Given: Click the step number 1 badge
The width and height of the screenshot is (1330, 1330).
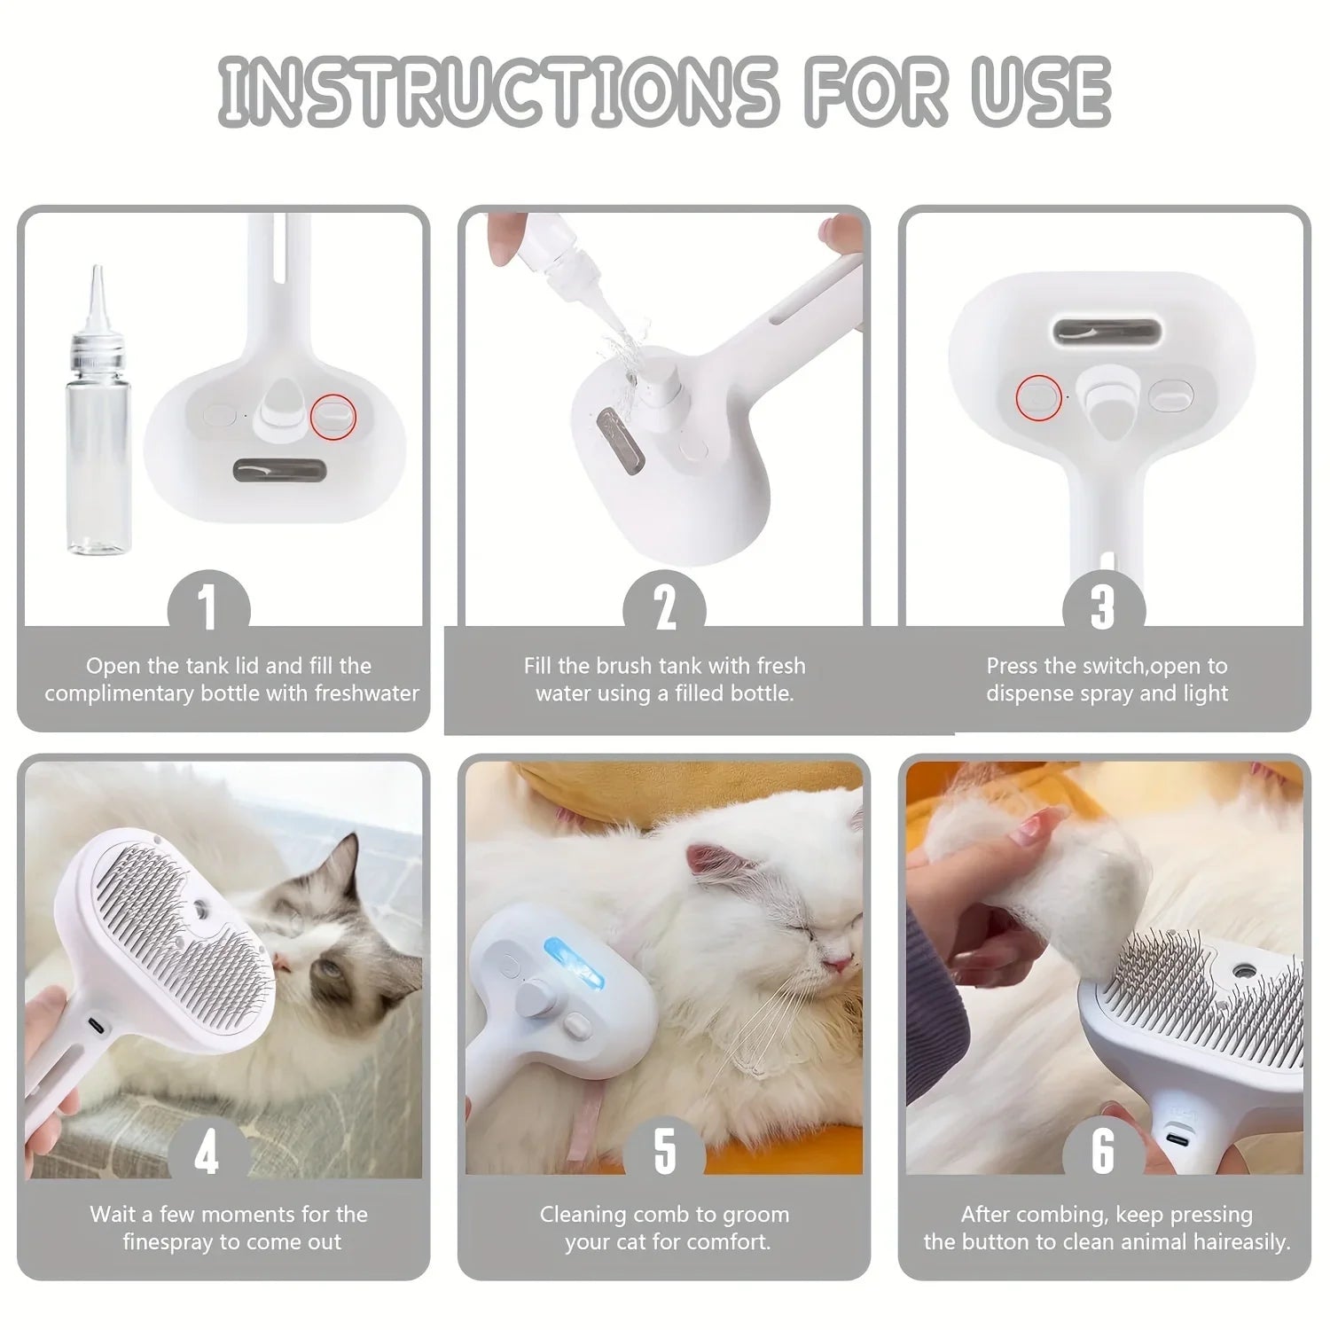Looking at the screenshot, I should [208, 608].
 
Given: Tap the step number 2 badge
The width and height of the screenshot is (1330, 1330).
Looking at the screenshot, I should [665, 608].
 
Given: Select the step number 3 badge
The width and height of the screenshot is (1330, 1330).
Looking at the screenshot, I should [1103, 608].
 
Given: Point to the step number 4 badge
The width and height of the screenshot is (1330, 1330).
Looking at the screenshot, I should [207, 1154].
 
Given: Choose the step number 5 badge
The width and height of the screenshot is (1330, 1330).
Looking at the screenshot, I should [665, 1152].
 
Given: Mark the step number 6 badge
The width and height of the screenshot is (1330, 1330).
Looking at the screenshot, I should [1102, 1152].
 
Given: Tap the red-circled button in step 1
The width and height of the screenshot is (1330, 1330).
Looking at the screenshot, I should [334, 414].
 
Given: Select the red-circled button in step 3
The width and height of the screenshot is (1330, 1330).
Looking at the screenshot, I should [1038, 396].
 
